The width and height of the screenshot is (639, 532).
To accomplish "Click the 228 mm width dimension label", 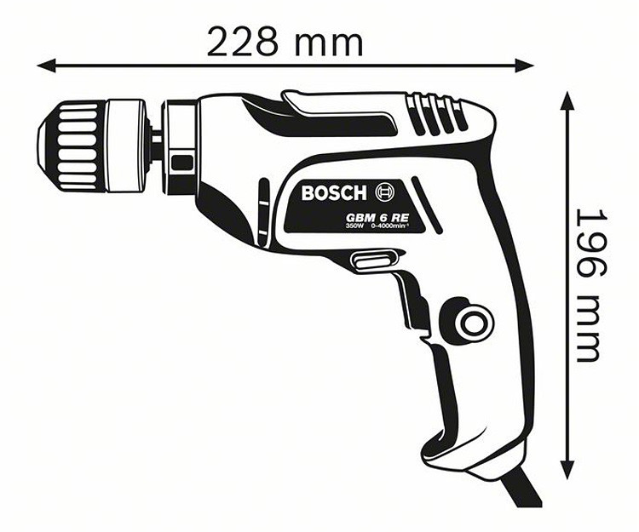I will tap(285, 40).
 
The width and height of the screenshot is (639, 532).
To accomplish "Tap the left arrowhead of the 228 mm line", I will tap(43, 65).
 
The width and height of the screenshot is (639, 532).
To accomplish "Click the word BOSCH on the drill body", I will tap(333, 192).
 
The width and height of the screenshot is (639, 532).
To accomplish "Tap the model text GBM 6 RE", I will tap(379, 218).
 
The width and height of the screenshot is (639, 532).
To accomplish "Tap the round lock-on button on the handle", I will tap(469, 322).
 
